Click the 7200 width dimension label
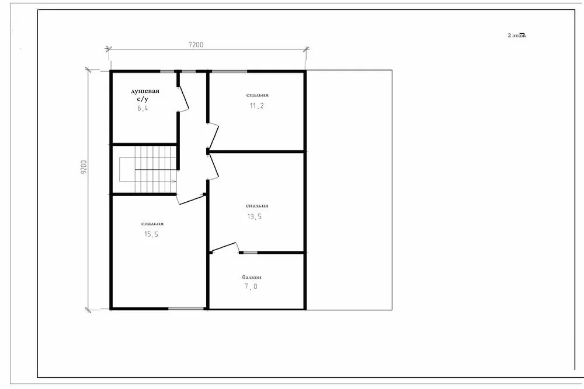tap(196, 45)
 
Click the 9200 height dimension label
tap(84, 167)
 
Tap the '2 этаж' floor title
tap(517, 36)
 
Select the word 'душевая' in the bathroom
tap(145, 91)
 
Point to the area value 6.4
tap(142, 108)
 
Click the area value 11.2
tap(256, 106)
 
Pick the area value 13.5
tap(255, 216)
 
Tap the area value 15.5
tap(151, 234)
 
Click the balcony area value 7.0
tap(251, 286)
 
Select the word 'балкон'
tap(252, 277)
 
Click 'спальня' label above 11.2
tap(258, 95)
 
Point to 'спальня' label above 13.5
tap(257, 206)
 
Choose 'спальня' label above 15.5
tap(152, 223)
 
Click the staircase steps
tap(155, 169)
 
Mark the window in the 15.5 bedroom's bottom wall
tap(186, 309)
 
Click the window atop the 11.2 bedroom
tap(230, 71)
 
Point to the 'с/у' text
tap(142, 99)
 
